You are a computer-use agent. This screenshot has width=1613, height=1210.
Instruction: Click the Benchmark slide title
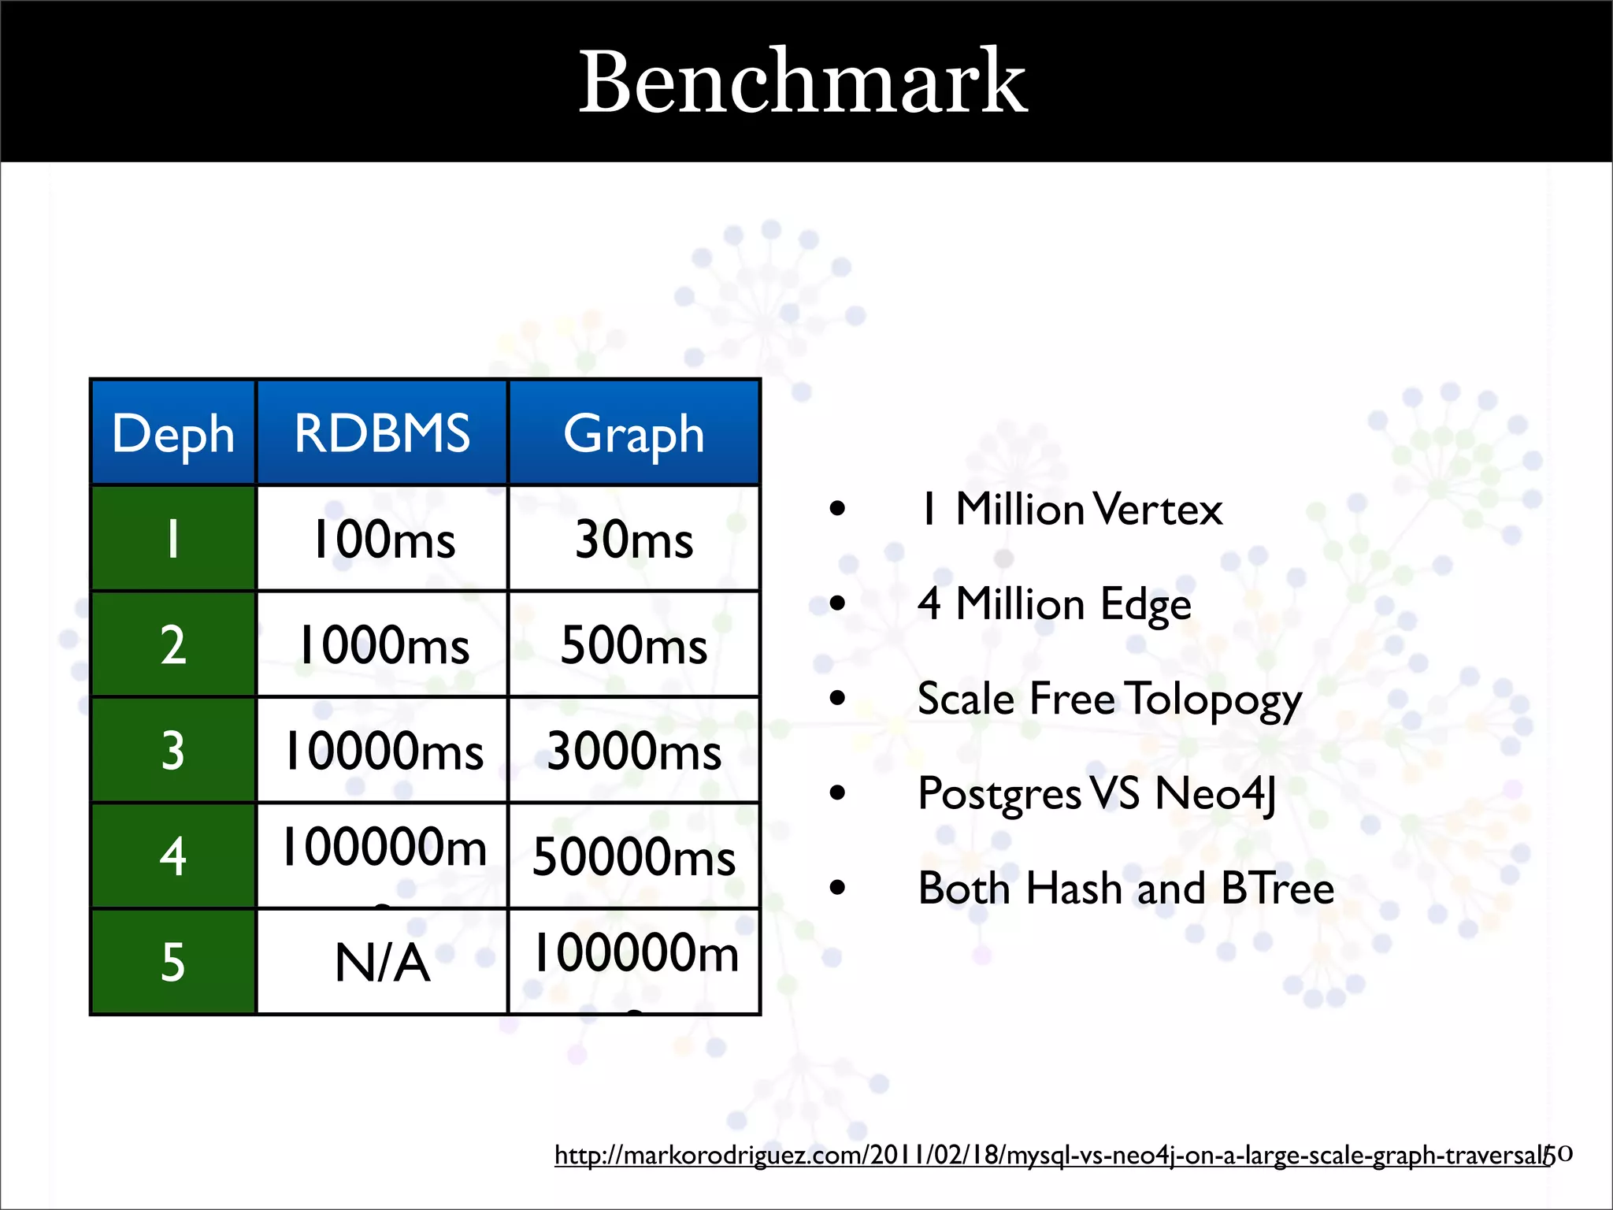pos(803,82)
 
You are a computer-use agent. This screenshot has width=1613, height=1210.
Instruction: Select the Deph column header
pos(173,433)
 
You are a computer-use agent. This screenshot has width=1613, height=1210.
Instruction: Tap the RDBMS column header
pos(382,433)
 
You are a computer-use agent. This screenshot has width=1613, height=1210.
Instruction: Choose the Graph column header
pos(634,433)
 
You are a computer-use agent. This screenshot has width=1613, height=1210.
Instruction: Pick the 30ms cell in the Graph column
pos(634,540)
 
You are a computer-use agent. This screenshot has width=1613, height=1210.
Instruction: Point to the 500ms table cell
pos(634,645)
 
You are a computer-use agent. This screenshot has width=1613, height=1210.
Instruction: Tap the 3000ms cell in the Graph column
pos(634,751)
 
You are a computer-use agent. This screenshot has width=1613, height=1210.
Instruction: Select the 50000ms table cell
pos(634,857)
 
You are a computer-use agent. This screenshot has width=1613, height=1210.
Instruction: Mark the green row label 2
pos(173,645)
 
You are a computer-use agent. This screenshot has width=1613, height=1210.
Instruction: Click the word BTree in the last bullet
pos(1277,889)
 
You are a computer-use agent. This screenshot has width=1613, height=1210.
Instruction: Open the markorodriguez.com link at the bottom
pos(1051,1156)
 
